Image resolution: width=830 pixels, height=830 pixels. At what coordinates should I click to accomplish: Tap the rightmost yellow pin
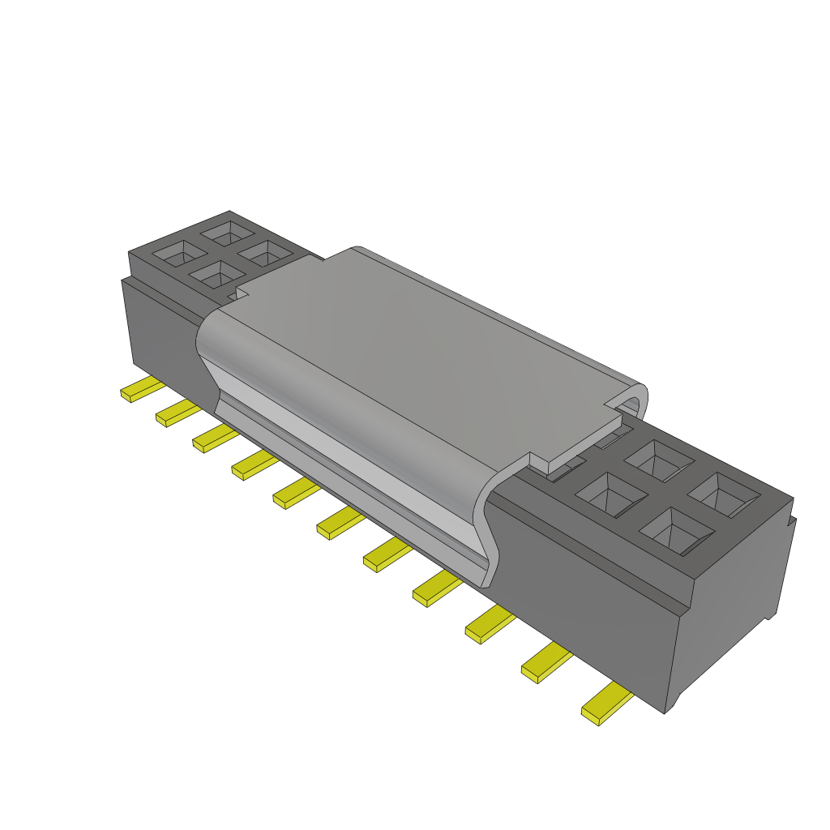point(606,704)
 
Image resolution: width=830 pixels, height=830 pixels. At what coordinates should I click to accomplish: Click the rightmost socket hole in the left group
point(265,254)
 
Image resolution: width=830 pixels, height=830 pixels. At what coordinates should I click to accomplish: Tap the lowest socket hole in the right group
point(676,531)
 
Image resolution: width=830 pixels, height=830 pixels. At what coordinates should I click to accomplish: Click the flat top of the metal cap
point(421,349)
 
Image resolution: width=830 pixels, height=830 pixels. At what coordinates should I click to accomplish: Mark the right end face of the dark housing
point(734,600)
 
